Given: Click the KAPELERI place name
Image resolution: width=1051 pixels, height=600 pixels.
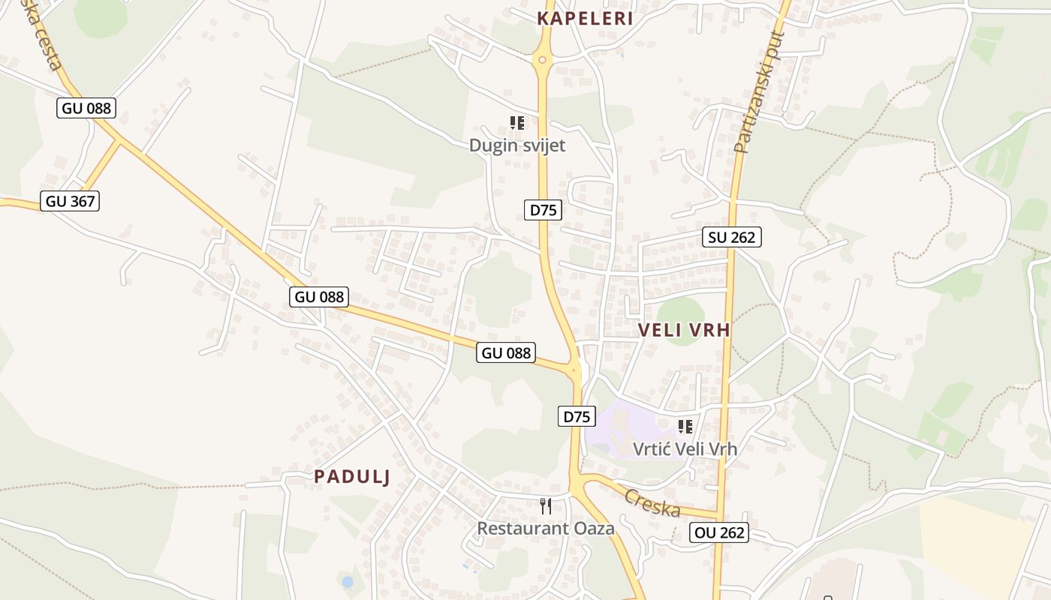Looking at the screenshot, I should tap(586, 19).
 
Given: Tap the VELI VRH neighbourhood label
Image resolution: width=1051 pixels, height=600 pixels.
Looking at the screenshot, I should tap(684, 329).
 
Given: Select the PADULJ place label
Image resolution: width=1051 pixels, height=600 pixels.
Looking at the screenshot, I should tap(352, 476).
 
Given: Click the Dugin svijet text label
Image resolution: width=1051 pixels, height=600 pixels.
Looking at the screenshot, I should tap(517, 145).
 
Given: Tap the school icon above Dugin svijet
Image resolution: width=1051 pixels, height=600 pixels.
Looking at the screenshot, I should tap(516, 122).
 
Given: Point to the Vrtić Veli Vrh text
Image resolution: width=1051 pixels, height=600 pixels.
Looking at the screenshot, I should tap(685, 449).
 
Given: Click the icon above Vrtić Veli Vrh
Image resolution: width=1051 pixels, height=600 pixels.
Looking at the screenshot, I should tap(685, 427).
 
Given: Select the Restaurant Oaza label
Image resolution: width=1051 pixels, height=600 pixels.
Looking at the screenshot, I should tap(546, 528).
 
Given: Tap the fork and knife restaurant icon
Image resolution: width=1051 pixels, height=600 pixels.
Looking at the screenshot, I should tap(546, 506).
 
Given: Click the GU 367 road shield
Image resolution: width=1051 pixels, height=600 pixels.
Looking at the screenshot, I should tap(70, 201).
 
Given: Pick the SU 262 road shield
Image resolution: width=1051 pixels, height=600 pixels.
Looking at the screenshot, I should tap(732, 237).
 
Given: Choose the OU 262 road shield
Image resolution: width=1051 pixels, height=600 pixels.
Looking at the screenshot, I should tap(719, 532).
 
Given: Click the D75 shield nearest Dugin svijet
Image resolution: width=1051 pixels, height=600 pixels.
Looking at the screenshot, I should tap(543, 210).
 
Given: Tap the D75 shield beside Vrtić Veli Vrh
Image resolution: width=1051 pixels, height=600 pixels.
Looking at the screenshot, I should tap(577, 416).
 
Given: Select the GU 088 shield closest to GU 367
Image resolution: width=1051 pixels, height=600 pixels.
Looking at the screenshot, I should tap(86, 108).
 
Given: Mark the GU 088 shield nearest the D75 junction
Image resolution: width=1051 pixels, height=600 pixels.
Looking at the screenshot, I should tap(506, 352).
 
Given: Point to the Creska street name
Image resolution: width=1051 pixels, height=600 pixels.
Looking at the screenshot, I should tap(652, 502).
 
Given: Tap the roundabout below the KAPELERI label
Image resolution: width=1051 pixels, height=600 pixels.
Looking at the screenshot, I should tap(542, 58).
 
